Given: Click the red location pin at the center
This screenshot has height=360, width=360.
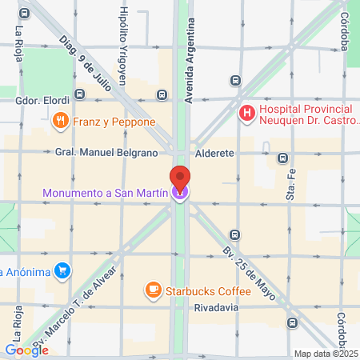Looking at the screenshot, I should tap(180, 178).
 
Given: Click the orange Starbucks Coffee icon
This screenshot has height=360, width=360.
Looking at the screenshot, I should tap(151, 289).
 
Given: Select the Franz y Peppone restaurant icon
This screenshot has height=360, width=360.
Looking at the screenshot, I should tap(60, 121).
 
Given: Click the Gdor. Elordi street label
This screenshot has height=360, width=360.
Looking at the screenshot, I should tap(42, 101).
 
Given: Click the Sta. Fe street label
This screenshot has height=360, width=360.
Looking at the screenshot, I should tap(290, 186).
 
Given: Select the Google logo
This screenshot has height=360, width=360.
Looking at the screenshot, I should tap(26, 350).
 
